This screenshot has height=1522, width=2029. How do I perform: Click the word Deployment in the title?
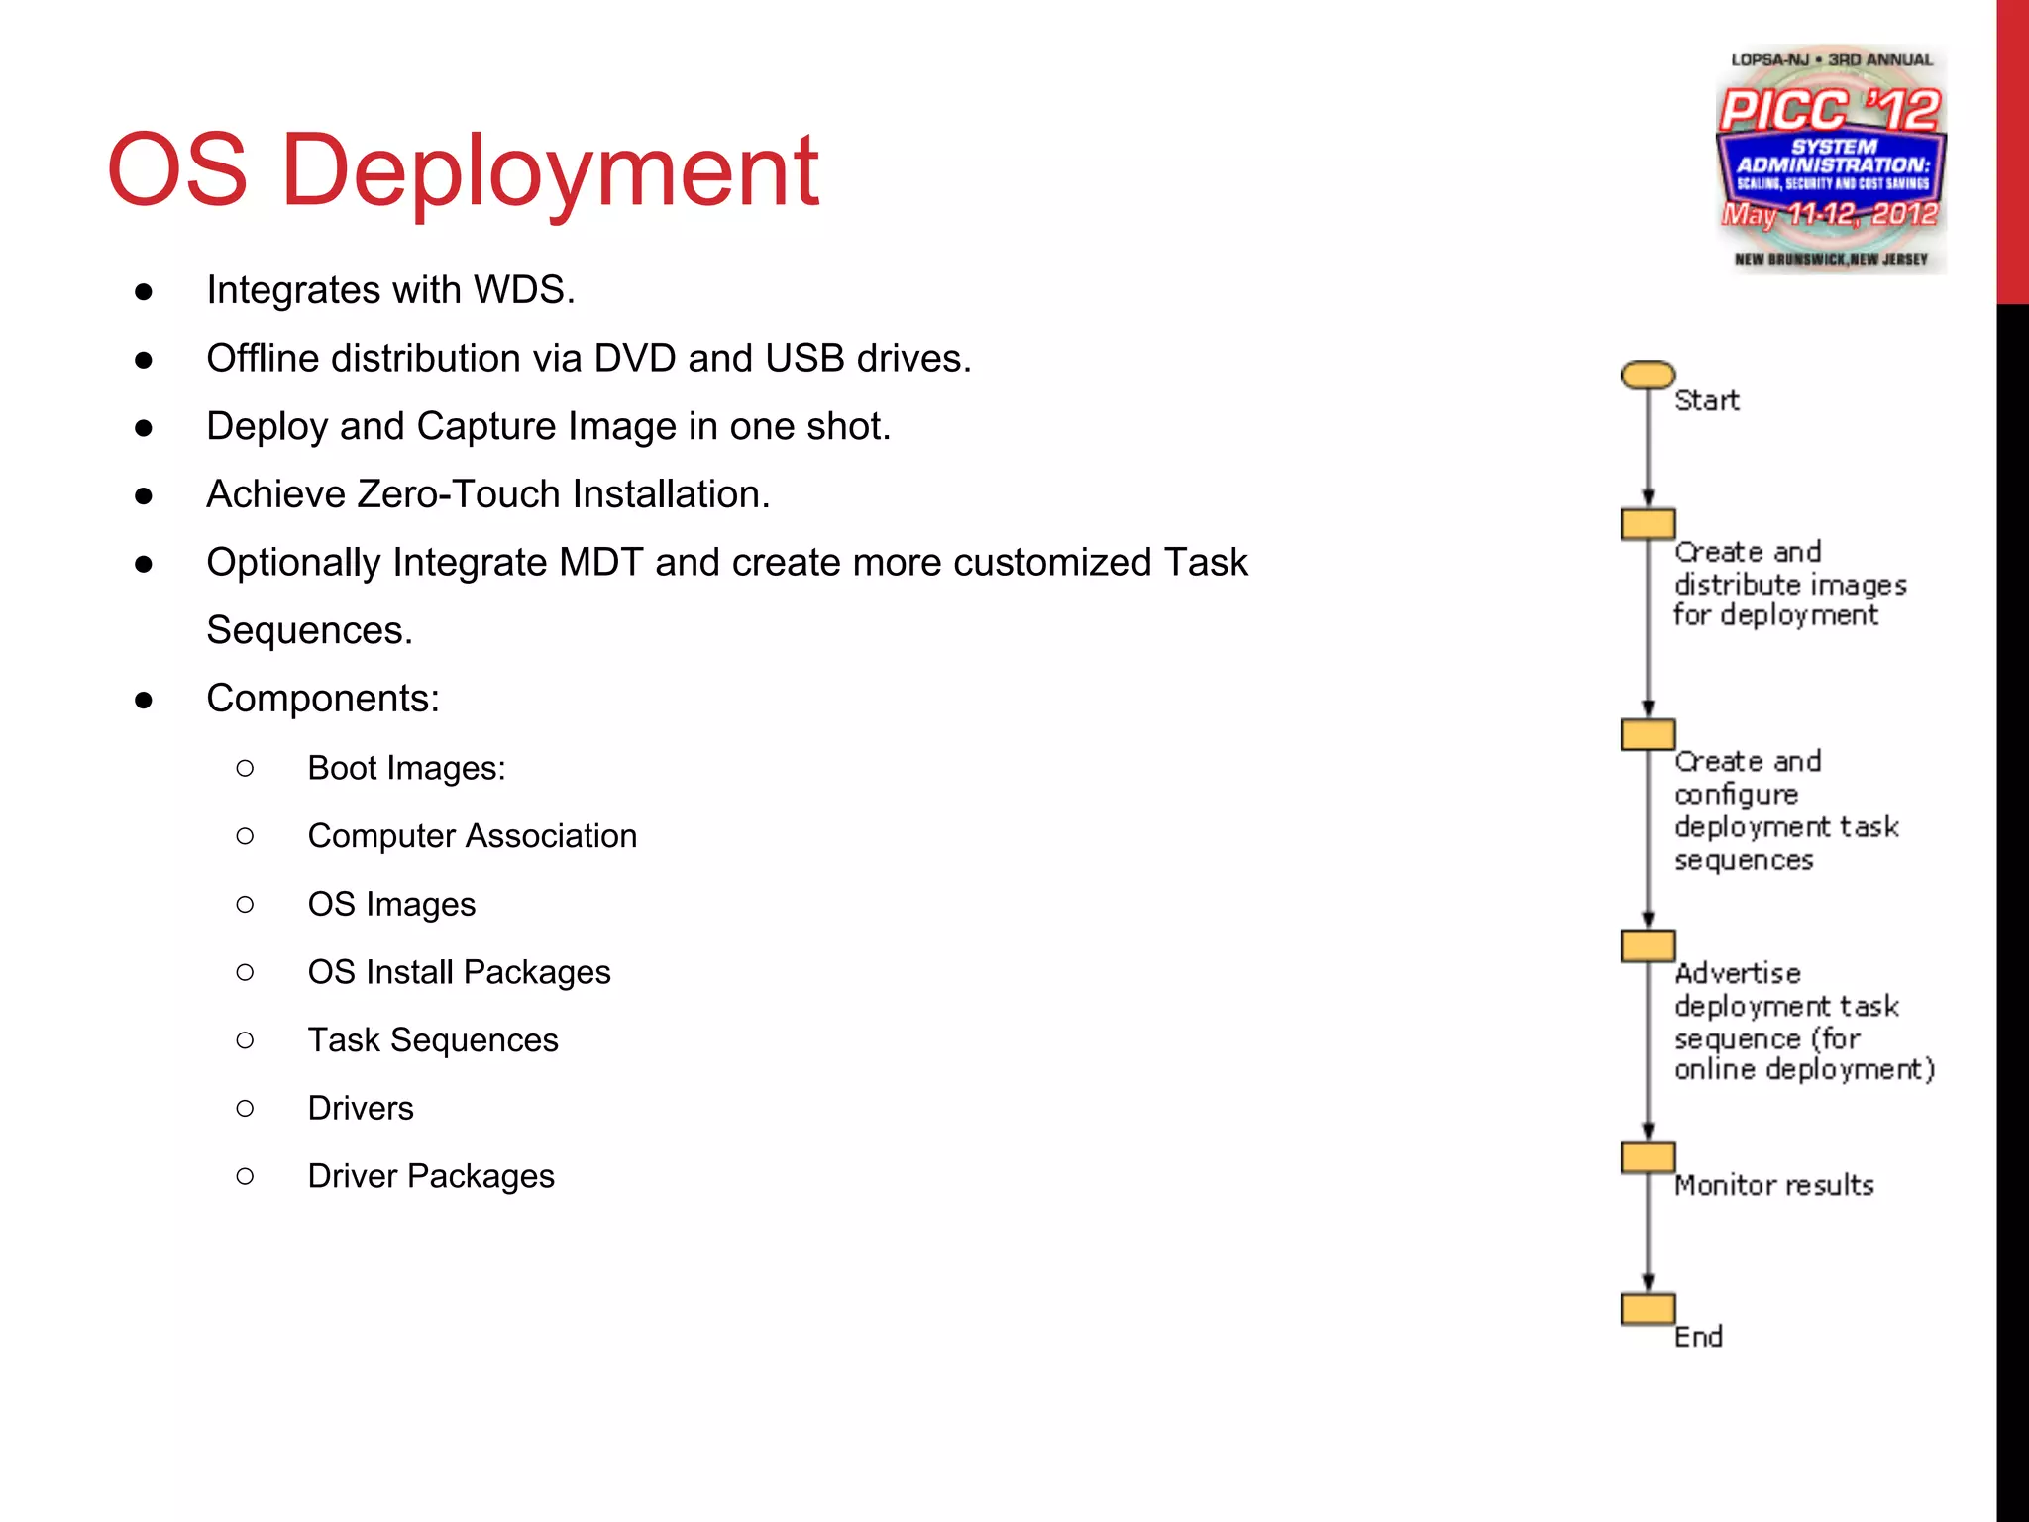click(x=550, y=170)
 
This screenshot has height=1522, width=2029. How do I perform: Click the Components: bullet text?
click(x=322, y=699)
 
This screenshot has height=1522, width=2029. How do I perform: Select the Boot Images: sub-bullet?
click(x=406, y=768)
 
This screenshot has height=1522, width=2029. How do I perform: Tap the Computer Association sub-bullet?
click(x=472, y=836)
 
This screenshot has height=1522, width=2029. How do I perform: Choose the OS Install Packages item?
click(x=459, y=972)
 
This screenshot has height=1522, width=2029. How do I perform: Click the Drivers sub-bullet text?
click(x=361, y=1108)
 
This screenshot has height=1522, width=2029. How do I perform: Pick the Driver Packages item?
click(x=431, y=1176)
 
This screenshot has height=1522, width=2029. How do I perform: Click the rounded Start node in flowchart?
click(x=1648, y=375)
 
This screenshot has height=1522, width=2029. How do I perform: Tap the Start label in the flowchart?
click(x=1706, y=400)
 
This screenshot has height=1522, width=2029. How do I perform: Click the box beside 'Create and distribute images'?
click(x=1648, y=524)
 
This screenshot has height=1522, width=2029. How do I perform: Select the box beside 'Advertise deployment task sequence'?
click(x=1648, y=946)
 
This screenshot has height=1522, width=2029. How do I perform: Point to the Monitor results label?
click(x=1773, y=1185)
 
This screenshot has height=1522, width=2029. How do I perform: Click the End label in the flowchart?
click(x=1698, y=1337)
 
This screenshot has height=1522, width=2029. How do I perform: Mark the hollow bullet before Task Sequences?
click(x=245, y=1040)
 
